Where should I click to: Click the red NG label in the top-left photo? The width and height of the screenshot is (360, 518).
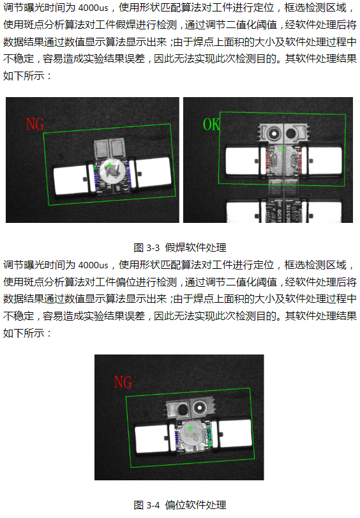pos(34,124)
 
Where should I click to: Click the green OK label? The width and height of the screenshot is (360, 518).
pos(211,125)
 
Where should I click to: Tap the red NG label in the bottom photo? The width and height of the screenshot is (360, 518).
pos(123,382)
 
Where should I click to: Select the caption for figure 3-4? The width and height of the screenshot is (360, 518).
pos(180,505)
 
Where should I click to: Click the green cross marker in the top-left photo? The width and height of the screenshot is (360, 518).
pos(110,165)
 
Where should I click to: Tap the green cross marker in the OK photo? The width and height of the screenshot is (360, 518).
pos(281,149)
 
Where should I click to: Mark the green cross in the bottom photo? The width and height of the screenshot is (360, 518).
pos(190,427)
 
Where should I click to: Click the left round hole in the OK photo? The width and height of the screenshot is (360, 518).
pos(274,133)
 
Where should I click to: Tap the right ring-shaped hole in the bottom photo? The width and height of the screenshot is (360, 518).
pos(200,406)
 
